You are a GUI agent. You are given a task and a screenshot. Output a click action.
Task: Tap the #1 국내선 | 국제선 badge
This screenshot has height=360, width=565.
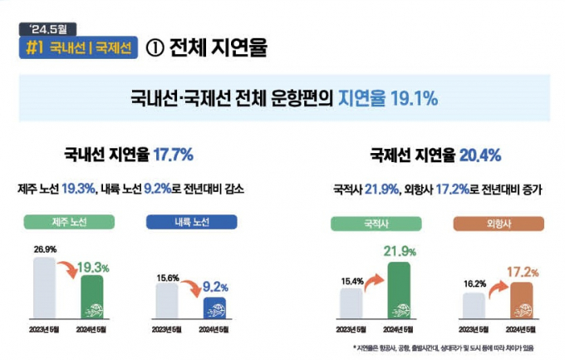click(79, 47)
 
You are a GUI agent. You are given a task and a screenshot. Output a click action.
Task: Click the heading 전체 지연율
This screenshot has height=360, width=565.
click(217, 47)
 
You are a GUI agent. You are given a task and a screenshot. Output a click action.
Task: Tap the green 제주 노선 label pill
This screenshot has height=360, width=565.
click(68, 222)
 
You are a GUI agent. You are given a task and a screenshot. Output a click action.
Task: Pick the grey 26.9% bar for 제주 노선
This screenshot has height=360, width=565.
click(44, 288)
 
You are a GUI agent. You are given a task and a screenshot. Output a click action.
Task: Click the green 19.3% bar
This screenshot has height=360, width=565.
click(91, 297)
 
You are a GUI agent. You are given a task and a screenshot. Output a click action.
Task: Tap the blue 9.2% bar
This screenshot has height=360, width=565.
click(215, 308)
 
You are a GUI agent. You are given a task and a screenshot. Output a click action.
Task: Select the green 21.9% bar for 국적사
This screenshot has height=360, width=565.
click(398, 291)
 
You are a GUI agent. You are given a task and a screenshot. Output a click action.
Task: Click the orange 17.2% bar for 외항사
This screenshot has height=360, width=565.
click(521, 300)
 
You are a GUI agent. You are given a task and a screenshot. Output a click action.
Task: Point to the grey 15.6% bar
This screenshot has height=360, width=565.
click(167, 300)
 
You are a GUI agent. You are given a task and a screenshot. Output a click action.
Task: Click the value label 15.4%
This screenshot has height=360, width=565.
click(351, 281)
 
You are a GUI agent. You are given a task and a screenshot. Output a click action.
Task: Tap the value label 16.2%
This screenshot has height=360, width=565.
click(473, 284)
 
